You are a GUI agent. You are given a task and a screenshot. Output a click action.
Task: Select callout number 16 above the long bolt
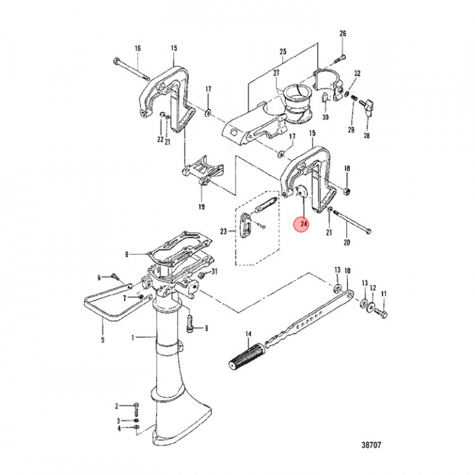(138, 48)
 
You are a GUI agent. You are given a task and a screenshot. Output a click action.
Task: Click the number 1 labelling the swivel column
(133, 338)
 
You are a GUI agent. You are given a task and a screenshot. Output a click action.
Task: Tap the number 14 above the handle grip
(248, 334)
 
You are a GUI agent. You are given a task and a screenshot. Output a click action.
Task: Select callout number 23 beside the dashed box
(223, 231)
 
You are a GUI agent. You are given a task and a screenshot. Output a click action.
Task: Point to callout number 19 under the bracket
(202, 206)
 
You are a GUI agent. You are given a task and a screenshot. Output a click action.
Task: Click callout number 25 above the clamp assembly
(283, 51)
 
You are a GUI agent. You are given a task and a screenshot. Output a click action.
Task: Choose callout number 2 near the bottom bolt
(116, 405)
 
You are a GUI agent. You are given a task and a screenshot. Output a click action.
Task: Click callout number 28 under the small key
(367, 136)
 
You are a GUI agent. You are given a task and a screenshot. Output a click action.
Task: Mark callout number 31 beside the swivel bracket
(214, 274)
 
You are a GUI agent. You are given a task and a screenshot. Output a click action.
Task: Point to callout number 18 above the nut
(347, 169)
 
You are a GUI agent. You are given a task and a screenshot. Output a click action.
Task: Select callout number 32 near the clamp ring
(357, 73)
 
